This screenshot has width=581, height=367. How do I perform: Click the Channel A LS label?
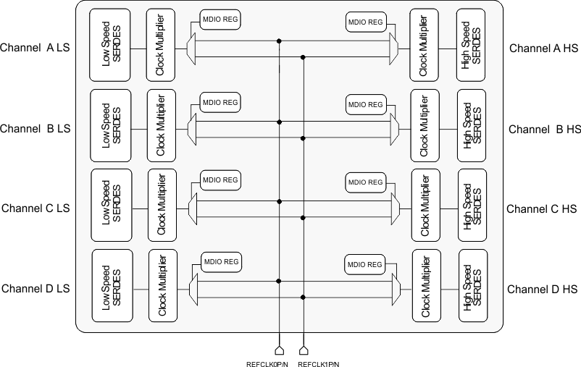[36, 48]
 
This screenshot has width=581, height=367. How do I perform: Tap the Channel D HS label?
[542, 289]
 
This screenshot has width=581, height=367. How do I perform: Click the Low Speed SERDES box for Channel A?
[110, 45]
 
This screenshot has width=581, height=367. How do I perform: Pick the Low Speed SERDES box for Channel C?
[112, 205]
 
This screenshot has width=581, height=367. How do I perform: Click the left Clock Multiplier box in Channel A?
[159, 45]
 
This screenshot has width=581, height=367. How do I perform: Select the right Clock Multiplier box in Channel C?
[425, 205]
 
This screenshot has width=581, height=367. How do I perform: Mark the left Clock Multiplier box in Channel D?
[163, 286]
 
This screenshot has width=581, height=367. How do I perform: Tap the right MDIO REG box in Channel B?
[366, 104]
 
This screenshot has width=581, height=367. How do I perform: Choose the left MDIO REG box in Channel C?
[221, 180]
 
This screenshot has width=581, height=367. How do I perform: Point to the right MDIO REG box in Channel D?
[365, 264]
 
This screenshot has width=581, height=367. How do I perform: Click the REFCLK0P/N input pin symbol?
[280, 341]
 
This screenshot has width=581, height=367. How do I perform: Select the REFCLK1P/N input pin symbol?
[303, 341]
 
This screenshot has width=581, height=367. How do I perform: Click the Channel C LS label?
[36, 208]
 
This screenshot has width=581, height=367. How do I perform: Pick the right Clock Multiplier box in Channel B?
[425, 125]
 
